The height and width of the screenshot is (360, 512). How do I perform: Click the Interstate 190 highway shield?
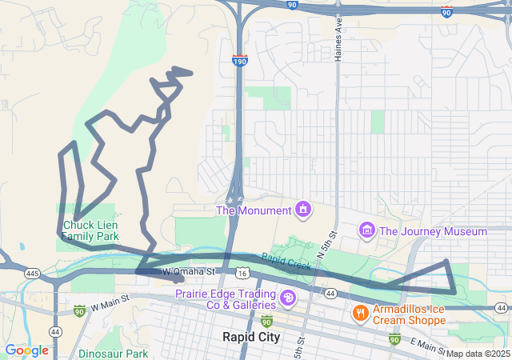click(239, 60)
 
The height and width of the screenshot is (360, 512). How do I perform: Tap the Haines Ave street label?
click(339, 40)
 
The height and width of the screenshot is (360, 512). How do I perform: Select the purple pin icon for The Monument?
click(303, 210)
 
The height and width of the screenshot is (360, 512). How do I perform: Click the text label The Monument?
click(254, 210)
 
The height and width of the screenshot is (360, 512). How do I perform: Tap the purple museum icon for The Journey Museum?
click(367, 231)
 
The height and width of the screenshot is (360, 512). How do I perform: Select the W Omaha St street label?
click(190, 272)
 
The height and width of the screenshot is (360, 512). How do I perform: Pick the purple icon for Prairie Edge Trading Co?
click(287, 299)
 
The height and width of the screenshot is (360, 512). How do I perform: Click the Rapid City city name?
click(251, 337)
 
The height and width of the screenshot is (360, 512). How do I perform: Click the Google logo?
click(26, 350)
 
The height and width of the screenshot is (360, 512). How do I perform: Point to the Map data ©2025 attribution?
click(478, 354)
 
